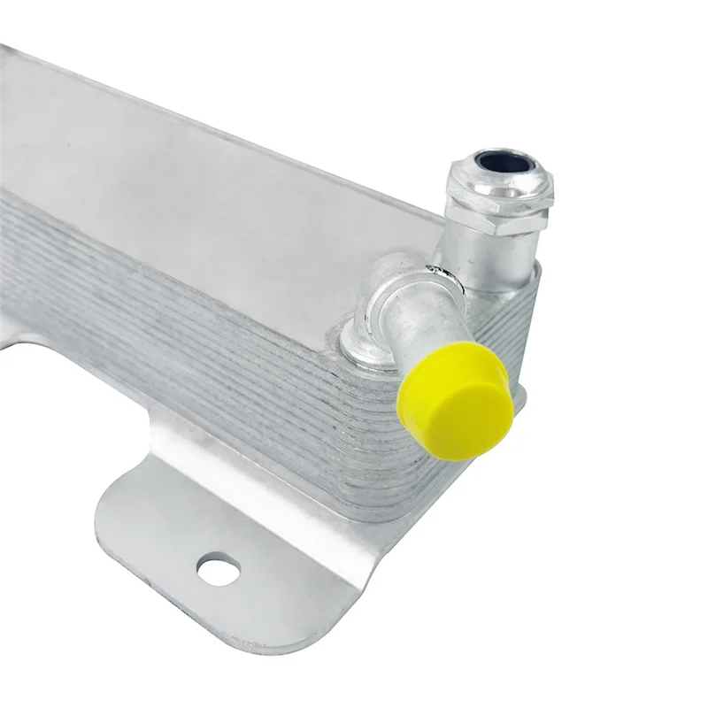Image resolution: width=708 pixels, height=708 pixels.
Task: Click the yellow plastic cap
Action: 454,398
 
